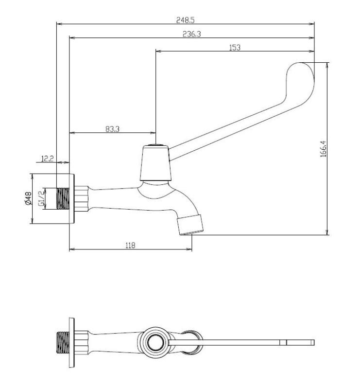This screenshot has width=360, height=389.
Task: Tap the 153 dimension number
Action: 235,47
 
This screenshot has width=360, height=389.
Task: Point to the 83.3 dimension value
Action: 113,129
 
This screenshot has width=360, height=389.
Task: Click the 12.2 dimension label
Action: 47,159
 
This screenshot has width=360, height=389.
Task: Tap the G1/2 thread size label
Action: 42,198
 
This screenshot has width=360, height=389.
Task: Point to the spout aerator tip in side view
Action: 190,225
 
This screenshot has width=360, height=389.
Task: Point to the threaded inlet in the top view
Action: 63,343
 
